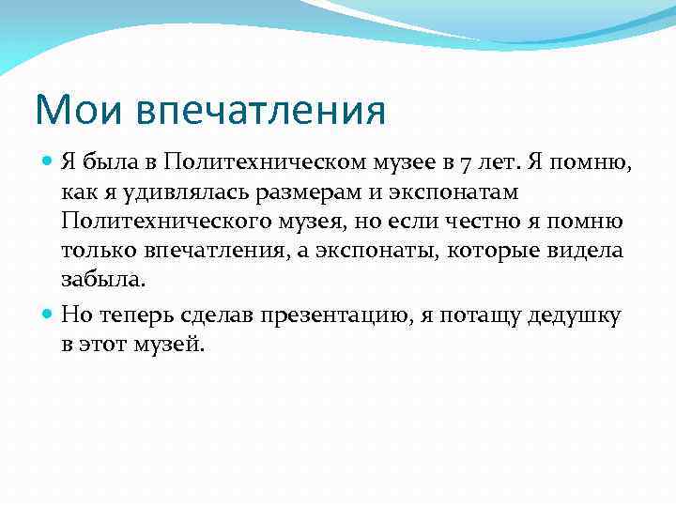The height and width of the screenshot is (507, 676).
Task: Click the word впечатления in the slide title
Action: click(x=261, y=112)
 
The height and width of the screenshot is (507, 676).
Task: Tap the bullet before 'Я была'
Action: click(x=49, y=161)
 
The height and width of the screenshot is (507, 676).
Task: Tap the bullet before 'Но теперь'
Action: click(x=49, y=315)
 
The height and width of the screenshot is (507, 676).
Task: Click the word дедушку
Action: click(x=575, y=315)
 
